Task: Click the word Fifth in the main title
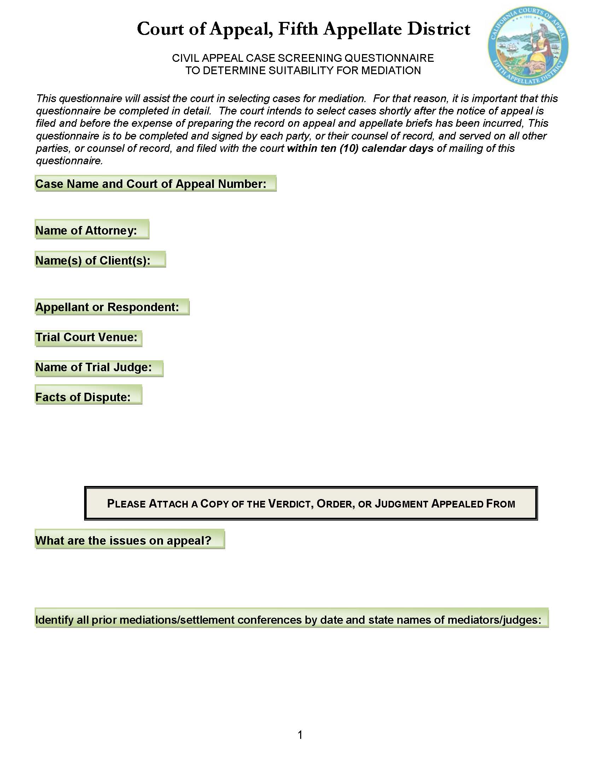point(298,29)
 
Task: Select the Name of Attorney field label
point(86,231)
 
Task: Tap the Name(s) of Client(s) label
point(93,260)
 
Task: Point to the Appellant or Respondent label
point(107,307)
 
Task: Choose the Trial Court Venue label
point(86,337)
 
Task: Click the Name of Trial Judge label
point(94,367)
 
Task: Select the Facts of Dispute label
point(83,397)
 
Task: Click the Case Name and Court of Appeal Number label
point(151,184)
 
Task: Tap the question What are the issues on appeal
point(123,540)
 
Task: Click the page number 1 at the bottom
point(300,735)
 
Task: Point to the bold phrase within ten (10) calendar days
point(360,148)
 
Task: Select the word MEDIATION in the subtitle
point(391,70)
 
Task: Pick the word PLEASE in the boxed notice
point(127,504)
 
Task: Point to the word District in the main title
point(439,29)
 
